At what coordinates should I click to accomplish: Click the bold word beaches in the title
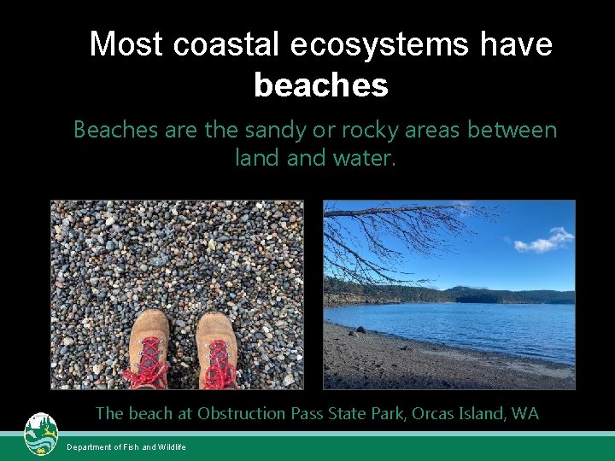point(321,85)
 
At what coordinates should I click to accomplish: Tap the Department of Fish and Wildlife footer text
point(126,447)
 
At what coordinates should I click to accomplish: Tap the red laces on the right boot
point(220,360)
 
